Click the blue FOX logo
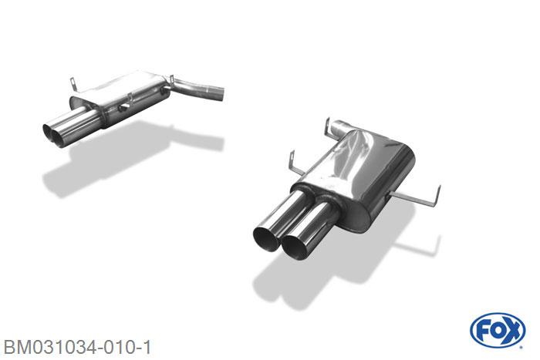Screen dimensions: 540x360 [498, 331]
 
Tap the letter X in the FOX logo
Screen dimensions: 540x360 [512, 331]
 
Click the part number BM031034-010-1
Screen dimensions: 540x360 [77, 347]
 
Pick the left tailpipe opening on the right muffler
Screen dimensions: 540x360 [266, 239]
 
